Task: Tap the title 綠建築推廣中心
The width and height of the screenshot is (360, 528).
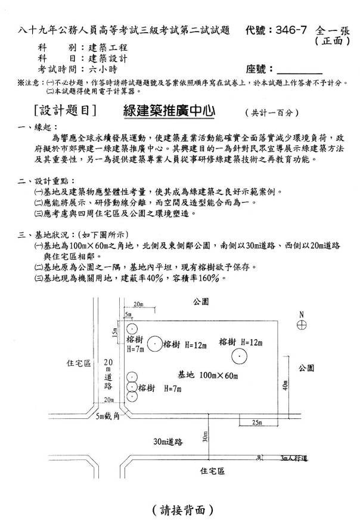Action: click(169, 111)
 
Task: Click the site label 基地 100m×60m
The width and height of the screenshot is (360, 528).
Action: click(208, 375)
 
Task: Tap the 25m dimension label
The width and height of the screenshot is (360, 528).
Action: click(257, 422)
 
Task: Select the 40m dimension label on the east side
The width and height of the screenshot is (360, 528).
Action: click(285, 386)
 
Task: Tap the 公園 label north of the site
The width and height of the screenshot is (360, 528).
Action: click(201, 302)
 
